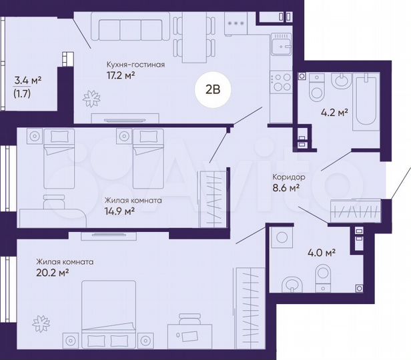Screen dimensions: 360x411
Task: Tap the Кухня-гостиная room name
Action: pyautogui.click(x=135, y=65)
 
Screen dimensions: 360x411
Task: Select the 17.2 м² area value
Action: pyautogui.click(x=121, y=76)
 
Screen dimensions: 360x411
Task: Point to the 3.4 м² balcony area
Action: pyautogui.click(x=28, y=81)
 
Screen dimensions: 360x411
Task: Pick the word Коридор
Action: pyautogui.click(x=288, y=177)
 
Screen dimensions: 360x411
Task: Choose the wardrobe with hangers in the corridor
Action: pyautogui.click(x=356, y=211)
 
